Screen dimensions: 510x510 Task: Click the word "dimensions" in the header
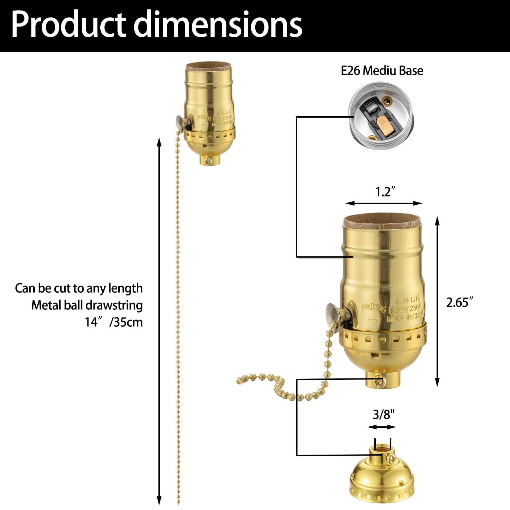218,24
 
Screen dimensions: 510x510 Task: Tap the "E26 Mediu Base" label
382,71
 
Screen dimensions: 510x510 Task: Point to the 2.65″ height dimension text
460,302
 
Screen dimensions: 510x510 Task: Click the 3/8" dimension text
384,414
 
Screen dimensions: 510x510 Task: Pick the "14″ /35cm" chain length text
114,322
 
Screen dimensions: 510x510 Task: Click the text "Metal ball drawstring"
87,305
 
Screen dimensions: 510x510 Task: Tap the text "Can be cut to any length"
79,288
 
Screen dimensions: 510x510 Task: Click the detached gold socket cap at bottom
382,476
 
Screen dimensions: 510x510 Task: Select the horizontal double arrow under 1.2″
384,203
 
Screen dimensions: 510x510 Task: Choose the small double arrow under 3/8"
382,427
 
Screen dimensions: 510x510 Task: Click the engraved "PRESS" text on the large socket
373,308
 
